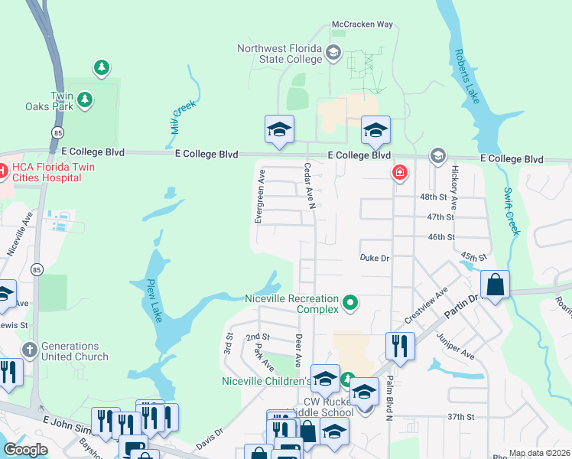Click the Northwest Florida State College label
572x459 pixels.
pyautogui.click(x=280, y=54)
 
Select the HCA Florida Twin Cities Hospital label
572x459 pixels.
pyautogui.click(x=45, y=172)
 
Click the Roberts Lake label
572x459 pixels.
pyautogui.click(x=469, y=76)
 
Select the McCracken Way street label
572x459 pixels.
pyautogui.click(x=362, y=24)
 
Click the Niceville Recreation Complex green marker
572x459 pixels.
pyautogui.click(x=351, y=304)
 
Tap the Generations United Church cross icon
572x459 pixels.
pyautogui.click(x=29, y=350)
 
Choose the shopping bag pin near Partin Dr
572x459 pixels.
pyautogui.click(x=496, y=286)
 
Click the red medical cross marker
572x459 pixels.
pyautogui.click(x=399, y=173)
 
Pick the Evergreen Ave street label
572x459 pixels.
pyautogui.click(x=259, y=197)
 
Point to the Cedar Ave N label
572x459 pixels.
pyautogui.click(x=310, y=184)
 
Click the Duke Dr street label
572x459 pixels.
pyautogui.click(x=375, y=259)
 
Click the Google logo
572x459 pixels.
pyautogui.click(x=26, y=450)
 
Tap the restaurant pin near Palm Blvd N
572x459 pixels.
pyautogui.click(x=400, y=347)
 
